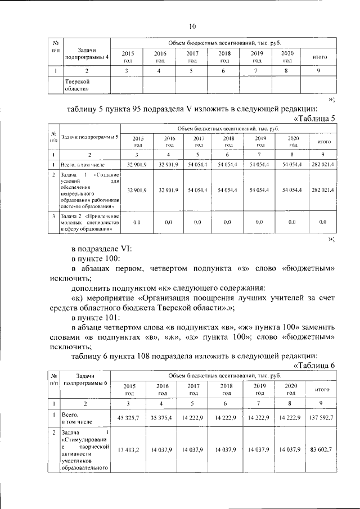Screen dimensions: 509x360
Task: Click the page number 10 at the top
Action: coord(192,26)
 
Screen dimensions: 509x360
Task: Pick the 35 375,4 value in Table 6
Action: coord(161,417)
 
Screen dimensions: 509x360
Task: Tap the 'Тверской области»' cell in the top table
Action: coord(78,84)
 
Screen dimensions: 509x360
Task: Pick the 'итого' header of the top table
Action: coord(319,57)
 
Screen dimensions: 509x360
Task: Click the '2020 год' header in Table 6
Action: coord(291,389)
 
